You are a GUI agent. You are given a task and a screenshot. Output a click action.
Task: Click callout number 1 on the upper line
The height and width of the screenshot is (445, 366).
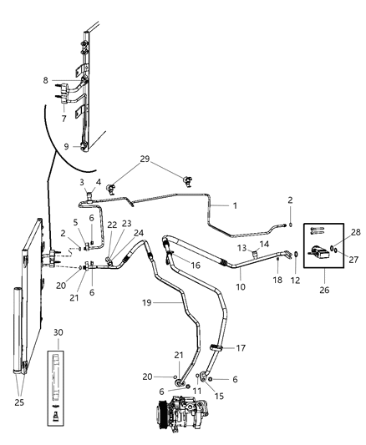click(235, 205)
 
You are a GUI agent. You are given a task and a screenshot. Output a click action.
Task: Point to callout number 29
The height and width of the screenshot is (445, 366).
click(145, 159)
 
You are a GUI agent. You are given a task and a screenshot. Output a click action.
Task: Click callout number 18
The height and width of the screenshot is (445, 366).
click(277, 283)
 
